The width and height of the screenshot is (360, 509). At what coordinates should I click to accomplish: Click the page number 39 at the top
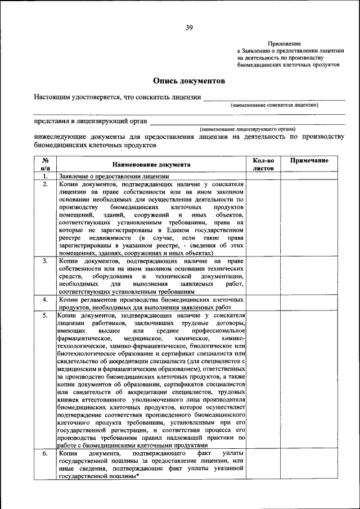(189, 28)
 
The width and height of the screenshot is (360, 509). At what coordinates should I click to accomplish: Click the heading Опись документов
(189, 81)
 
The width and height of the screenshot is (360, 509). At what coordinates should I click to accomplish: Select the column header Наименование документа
(151, 164)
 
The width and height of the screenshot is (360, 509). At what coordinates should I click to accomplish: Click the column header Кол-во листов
(263, 164)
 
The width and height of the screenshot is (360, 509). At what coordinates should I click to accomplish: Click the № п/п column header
(45, 164)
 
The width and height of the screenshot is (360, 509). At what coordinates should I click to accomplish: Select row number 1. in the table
(45, 176)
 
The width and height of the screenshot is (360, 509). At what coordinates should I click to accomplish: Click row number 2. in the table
(45, 184)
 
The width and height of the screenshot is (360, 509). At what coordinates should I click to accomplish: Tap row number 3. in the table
(45, 262)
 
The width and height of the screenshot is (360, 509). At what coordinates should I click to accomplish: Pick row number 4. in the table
(45, 300)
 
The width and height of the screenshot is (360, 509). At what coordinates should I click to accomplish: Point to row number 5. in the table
(45, 316)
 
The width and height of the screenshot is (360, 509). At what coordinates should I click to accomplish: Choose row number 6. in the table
(45, 453)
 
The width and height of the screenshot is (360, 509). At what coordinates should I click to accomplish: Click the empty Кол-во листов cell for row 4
(263, 304)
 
